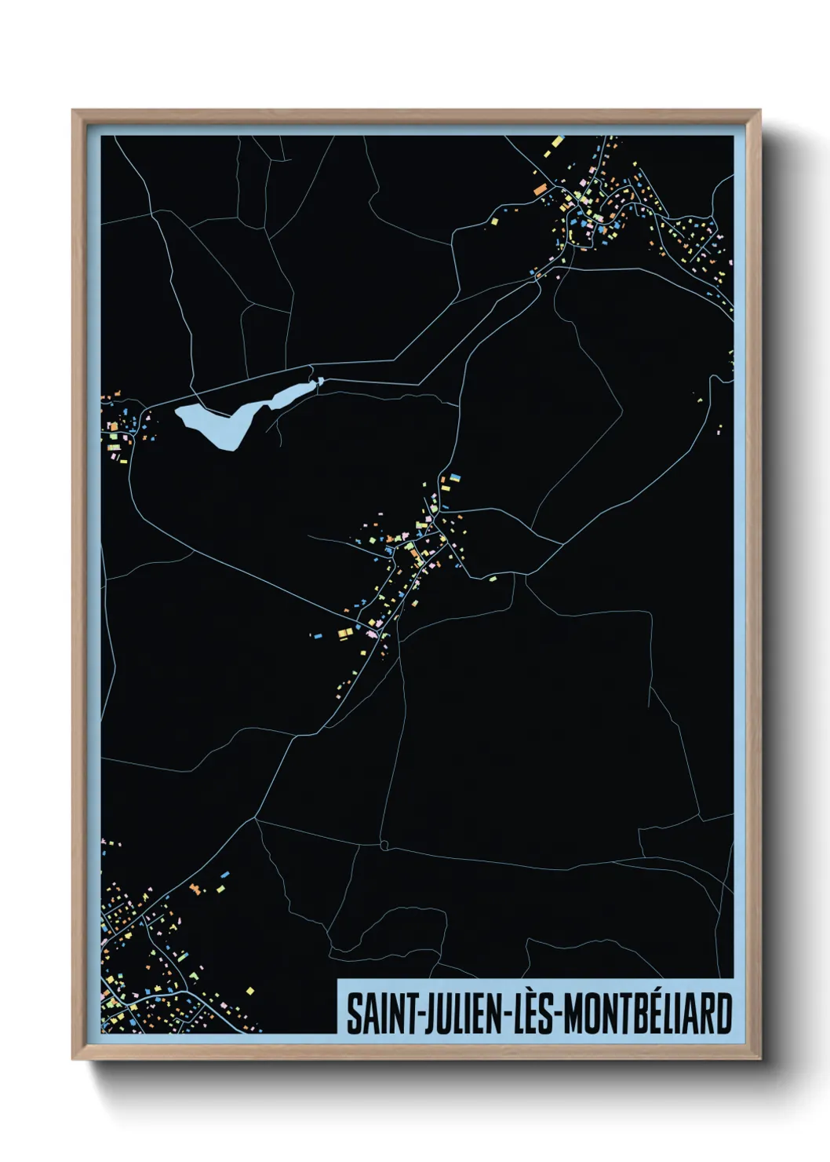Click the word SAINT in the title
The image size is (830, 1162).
[375, 1014]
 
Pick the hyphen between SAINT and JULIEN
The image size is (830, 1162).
[410, 1015]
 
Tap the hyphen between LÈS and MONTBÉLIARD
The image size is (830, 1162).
[558, 1015]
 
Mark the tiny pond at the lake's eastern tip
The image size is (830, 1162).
[320, 382]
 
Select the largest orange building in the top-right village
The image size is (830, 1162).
[540, 189]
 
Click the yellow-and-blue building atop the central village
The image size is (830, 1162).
[452, 478]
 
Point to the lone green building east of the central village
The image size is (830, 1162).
[493, 579]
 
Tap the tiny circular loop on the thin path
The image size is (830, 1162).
[384, 845]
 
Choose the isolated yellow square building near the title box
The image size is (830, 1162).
[250, 991]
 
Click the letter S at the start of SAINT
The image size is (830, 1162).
[354, 1014]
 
